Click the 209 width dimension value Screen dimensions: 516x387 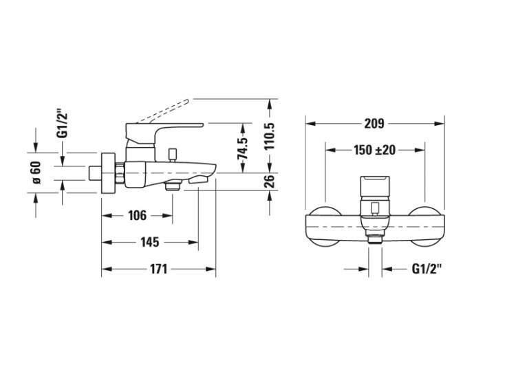point(374,124)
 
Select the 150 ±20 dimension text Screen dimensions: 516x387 point(375,150)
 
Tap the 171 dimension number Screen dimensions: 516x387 point(159,269)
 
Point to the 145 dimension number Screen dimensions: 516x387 point(150,243)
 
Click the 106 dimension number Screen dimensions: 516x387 point(137,216)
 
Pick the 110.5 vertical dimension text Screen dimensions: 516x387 point(270,136)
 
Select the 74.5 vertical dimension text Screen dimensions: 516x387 point(243,148)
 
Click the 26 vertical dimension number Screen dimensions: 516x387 point(270,181)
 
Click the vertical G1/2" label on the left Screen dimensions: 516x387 point(62,125)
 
